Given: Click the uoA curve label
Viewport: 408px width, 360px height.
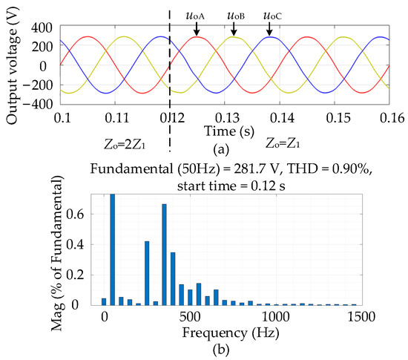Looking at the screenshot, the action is click(x=195, y=16).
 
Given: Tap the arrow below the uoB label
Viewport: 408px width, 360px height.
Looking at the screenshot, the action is click(x=234, y=29).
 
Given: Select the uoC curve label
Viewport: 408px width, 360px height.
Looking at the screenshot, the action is click(x=272, y=16).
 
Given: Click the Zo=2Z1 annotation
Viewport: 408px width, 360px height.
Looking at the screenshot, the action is click(x=125, y=145).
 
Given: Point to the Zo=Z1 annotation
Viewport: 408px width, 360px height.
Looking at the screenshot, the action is click(x=283, y=143).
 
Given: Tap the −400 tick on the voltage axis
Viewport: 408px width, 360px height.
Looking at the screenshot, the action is click(x=38, y=104).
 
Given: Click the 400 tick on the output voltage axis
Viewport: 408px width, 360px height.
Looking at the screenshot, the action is click(x=42, y=27).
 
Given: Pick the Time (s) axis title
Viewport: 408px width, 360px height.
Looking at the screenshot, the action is click(x=229, y=131).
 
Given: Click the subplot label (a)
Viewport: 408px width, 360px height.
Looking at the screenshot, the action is click(x=221, y=150).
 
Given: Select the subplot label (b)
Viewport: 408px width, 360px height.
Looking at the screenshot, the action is click(x=221, y=350).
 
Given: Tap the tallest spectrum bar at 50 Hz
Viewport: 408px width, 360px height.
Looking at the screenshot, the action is click(x=113, y=249).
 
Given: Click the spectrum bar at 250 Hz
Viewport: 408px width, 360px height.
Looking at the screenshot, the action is click(x=147, y=273).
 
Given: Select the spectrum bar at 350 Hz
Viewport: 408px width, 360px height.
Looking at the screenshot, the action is click(x=164, y=255).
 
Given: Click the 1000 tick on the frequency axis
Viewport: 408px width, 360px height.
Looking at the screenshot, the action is click(x=276, y=317).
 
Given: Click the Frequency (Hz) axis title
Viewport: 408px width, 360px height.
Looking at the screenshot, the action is click(x=231, y=333).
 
